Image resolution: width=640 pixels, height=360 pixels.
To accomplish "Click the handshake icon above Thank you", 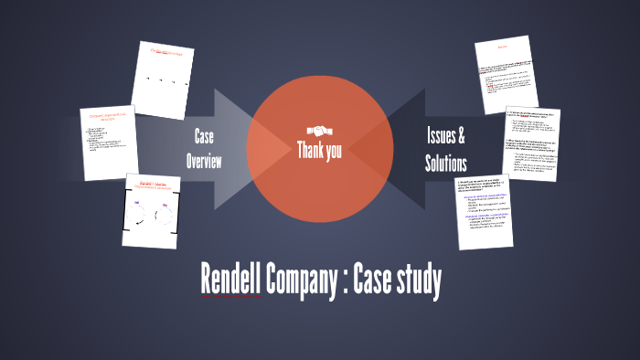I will pyautogui.click(x=319, y=130).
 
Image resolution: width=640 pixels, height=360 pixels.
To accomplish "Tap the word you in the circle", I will pyautogui.click(x=334, y=151).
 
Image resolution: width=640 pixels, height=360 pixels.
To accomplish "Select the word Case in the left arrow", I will pyautogui.click(x=204, y=137).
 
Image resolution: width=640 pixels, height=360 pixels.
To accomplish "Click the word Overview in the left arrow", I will pyautogui.click(x=204, y=162).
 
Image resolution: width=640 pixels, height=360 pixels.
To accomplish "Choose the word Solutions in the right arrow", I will pyautogui.click(x=446, y=164).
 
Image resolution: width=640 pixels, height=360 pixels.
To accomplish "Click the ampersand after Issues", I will pyautogui.click(x=462, y=137).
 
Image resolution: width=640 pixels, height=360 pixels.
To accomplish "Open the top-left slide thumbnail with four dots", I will pyautogui.click(x=163, y=79).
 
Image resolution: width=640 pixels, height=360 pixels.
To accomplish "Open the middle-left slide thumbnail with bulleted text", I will pyautogui.click(x=109, y=142).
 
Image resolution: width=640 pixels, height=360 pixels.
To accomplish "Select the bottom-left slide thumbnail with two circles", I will pyautogui.click(x=150, y=210).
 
